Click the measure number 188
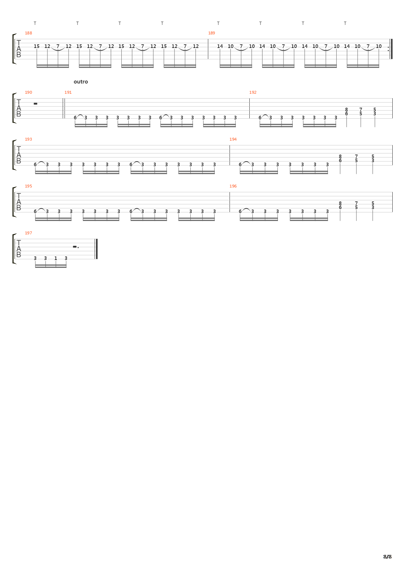tap(28, 33)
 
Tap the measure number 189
tap(212, 33)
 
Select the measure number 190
tap(28, 92)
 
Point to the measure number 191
tap(68, 92)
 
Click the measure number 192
tap(253, 92)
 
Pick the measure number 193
tap(28, 139)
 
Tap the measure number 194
tap(233, 139)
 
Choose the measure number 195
tap(28, 186)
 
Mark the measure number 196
tap(233, 186)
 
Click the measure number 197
tap(28, 233)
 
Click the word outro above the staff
tap(81, 82)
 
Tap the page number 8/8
tap(387, 557)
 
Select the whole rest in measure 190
tap(35, 104)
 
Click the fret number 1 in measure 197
tap(56, 258)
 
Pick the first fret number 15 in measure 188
tap(37, 46)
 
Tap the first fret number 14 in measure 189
tap(220, 46)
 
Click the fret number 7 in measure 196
tap(356, 203)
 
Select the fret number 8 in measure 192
tap(346, 109)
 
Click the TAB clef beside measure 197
tap(19, 249)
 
